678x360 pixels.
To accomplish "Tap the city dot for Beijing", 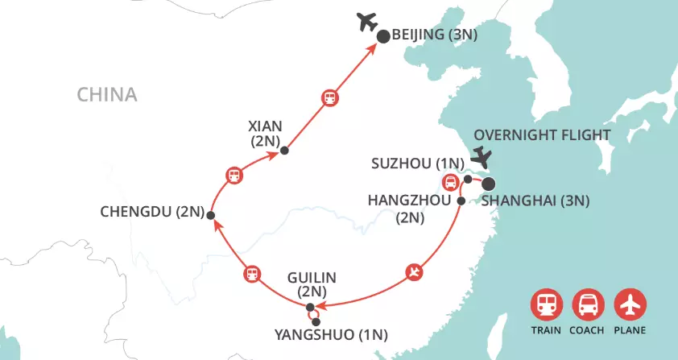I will [383, 35].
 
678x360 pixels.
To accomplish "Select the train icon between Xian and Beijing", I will [329, 98].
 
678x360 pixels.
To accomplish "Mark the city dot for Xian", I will [283, 150].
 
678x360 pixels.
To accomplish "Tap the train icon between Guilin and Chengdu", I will [252, 274].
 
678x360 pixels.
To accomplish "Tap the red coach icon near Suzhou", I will [450, 181].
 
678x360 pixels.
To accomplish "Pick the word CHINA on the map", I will [107, 95].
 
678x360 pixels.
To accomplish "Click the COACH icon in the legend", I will [588, 305].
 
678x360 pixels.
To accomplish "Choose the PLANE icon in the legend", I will [630, 305].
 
